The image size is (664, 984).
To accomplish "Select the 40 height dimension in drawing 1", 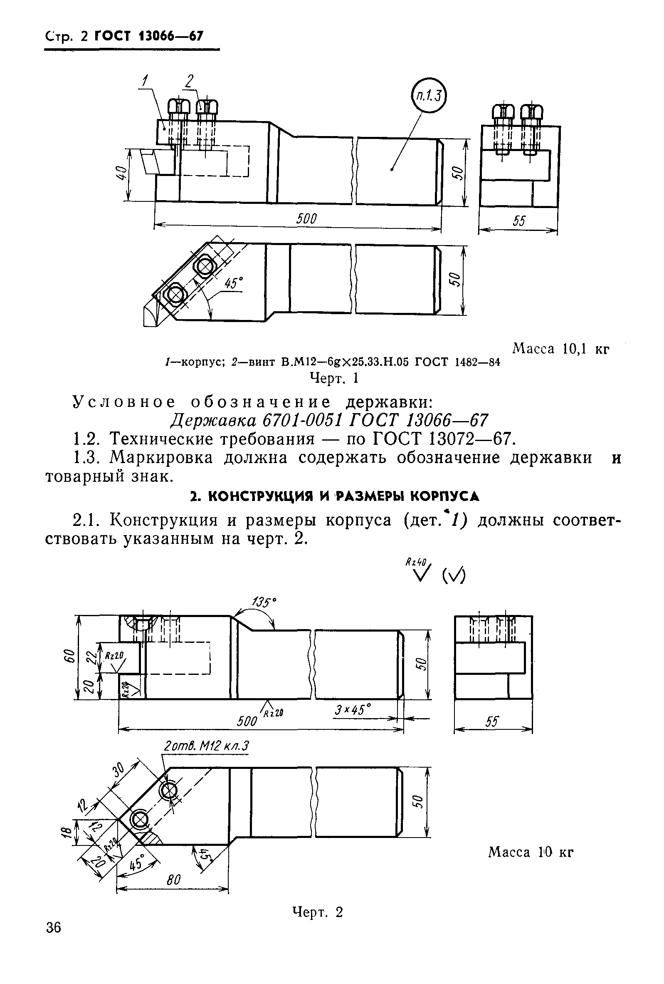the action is [x=121, y=174].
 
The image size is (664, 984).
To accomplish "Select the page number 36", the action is [x=53, y=928].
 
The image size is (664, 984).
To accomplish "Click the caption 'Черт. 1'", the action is [x=334, y=378].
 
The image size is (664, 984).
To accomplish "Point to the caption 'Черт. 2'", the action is [x=317, y=912].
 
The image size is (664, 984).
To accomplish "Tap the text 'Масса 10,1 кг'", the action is [x=560, y=349].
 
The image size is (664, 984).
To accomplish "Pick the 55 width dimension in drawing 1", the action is [x=518, y=221].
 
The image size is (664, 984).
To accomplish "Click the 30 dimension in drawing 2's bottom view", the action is [x=120, y=769].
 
